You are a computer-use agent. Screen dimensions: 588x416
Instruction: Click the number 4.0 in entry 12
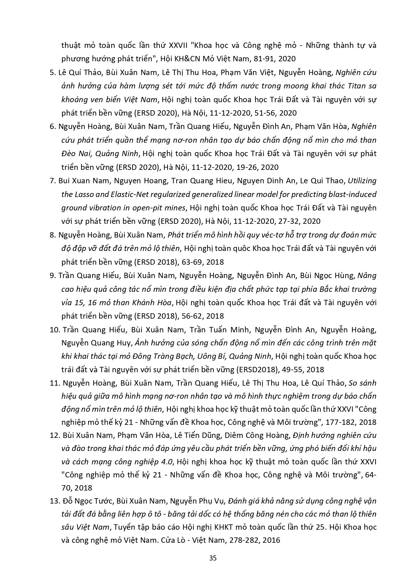pyautogui.click(x=166, y=462)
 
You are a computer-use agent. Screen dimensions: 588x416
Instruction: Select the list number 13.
pyautogui.click(x=55, y=501)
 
